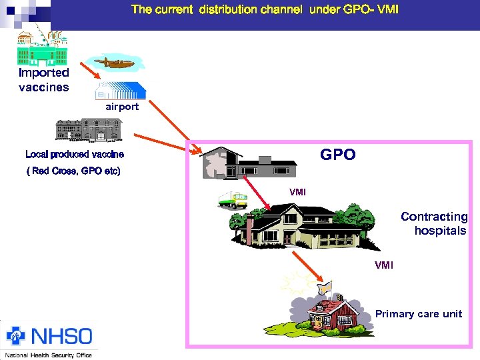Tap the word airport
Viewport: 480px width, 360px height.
coord(122,107)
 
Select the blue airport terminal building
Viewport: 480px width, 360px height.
coord(120,90)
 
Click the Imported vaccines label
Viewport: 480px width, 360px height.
coord(43,80)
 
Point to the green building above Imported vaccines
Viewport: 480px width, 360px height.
coord(41,47)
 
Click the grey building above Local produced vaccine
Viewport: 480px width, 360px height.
coord(89,130)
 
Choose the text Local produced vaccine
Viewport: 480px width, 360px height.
coord(75,155)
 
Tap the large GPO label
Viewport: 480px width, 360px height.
coord(338,155)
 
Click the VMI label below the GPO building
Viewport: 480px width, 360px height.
coord(297,192)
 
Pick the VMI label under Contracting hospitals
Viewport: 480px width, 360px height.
coord(384,265)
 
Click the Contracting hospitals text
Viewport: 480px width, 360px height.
coord(435,224)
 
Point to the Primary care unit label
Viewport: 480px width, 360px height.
coord(418,314)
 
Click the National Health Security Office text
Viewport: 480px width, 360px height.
coord(48,355)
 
